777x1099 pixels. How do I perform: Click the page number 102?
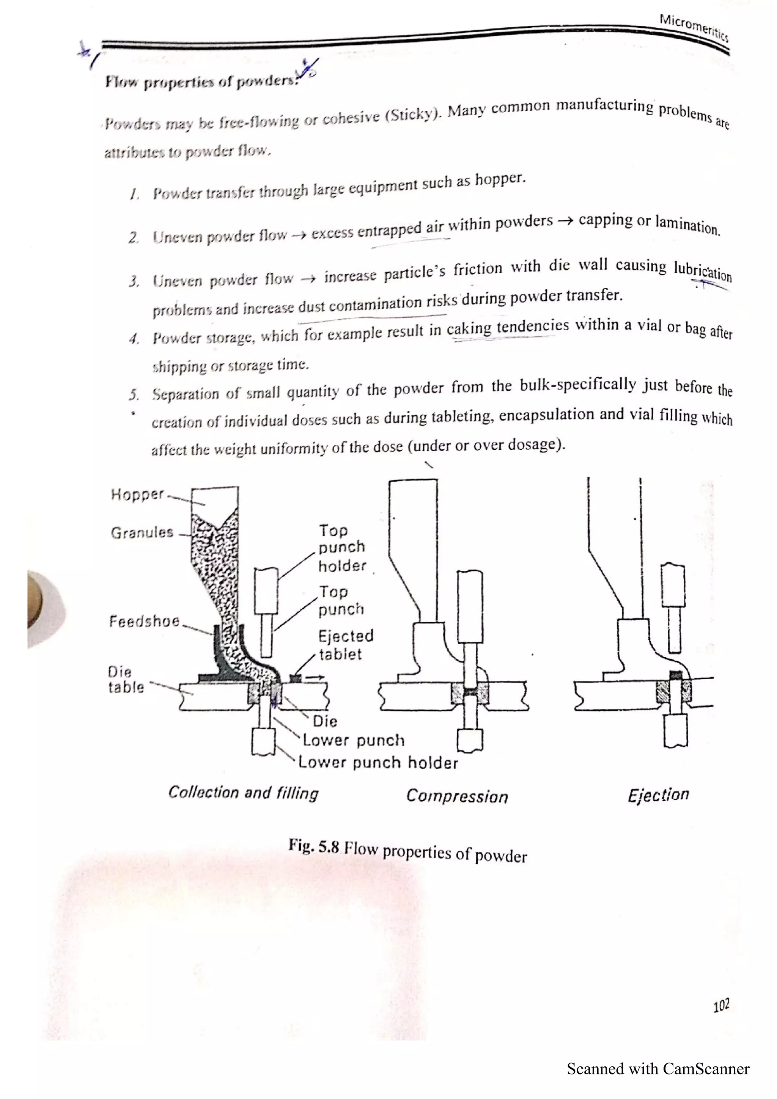click(721, 1005)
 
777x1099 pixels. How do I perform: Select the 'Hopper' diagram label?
click(137, 494)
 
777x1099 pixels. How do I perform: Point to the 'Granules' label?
click(142, 532)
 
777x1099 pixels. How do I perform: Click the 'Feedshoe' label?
click(144, 621)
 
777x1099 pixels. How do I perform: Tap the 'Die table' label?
click(126, 679)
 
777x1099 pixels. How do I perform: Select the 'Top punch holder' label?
click(342, 548)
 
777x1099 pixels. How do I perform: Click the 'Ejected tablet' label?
click(346, 645)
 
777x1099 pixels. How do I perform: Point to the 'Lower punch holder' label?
click(378, 762)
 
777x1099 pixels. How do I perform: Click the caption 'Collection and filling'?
click(243, 793)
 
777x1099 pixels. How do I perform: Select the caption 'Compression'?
click(457, 796)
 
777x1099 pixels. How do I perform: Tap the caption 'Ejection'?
click(658, 794)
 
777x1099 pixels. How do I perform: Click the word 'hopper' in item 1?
click(500, 179)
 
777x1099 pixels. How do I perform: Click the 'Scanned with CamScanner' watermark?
click(658, 1068)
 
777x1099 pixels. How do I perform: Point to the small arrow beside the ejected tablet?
click(315, 677)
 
